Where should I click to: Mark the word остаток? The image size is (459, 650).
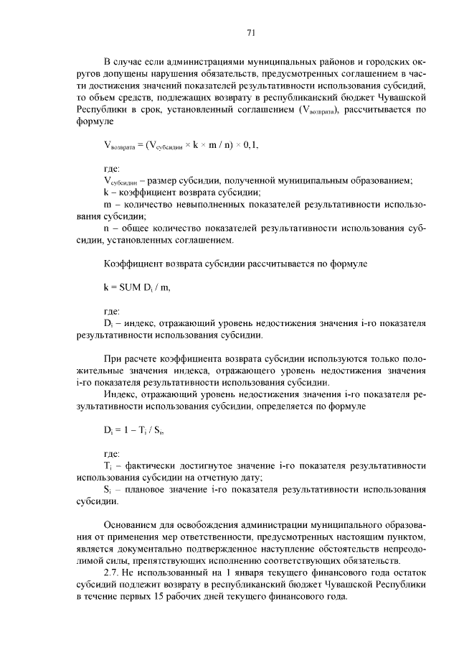[x=405, y=572]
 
